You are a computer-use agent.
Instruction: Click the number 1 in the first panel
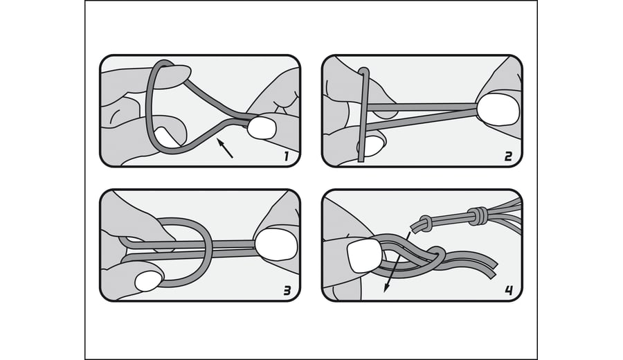tap(286, 156)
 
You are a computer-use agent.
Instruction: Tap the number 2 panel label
tap(509, 156)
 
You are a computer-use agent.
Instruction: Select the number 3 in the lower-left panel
tap(287, 291)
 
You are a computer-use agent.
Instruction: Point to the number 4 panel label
tap(509, 291)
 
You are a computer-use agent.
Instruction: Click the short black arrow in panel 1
tap(224, 148)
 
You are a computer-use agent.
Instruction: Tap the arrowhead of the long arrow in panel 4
tap(386, 288)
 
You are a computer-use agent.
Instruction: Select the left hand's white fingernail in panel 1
tap(165, 136)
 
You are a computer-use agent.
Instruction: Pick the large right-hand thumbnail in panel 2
tap(498, 111)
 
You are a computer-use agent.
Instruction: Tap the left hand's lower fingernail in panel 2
tap(370, 146)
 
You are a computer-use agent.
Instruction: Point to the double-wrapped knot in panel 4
tap(477, 215)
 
